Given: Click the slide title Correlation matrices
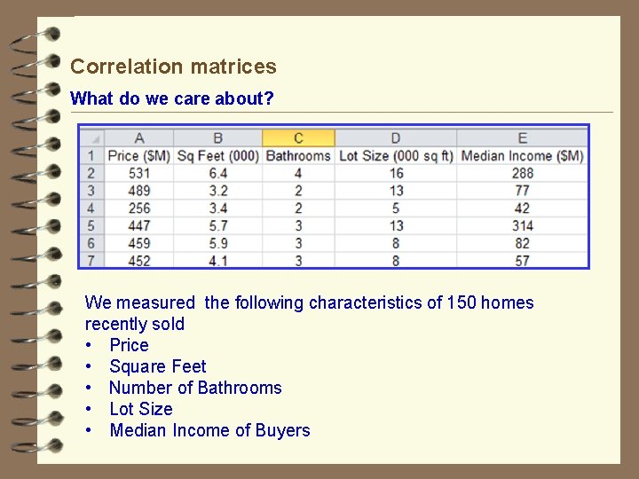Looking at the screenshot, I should [173, 67].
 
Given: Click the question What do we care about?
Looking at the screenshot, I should [172, 98].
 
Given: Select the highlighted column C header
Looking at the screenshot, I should [298, 137].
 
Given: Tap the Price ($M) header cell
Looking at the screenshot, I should [138, 155].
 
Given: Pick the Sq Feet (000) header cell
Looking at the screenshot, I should [217, 155].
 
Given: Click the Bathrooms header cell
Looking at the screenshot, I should [298, 155].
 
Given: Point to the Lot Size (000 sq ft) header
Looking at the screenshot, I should [396, 155].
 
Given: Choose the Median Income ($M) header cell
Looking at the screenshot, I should [522, 155].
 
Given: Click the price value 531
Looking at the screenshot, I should [138, 173].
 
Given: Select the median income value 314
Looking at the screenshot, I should [522, 225].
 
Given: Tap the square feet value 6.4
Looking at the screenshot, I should [217, 173].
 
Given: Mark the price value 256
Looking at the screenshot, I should [138, 208].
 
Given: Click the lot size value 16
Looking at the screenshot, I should [396, 173].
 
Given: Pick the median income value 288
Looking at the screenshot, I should [522, 173].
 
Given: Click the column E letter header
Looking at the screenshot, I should [522, 137].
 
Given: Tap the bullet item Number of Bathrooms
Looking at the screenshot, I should [195, 388].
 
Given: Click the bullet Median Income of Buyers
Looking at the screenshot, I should [209, 430].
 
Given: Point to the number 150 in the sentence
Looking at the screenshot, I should [461, 302].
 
